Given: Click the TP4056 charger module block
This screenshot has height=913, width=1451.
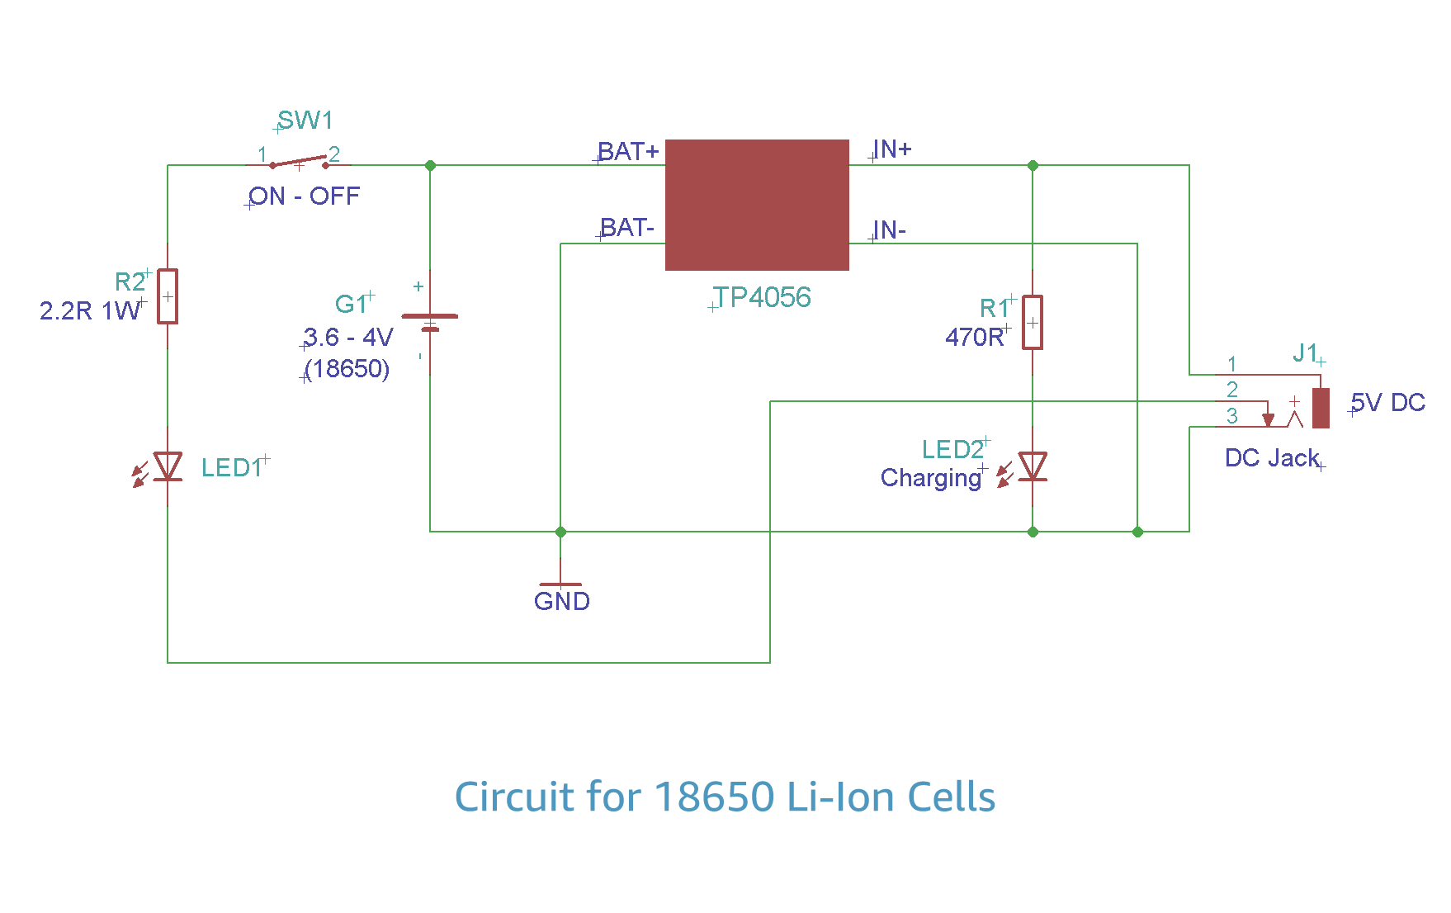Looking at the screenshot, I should coord(757,205).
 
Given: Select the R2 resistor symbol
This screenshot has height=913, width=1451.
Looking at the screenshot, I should coord(168,296).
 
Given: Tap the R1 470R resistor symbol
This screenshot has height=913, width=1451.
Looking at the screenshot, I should coord(1033,323).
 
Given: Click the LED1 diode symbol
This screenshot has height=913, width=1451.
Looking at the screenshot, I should coord(168,466).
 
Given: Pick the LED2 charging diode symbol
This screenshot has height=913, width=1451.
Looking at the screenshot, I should coord(1033,466).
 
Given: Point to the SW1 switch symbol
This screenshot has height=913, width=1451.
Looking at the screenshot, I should coord(299,162).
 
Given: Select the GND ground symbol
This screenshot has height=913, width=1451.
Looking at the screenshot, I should coord(561,584).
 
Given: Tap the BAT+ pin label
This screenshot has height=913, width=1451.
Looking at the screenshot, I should coord(628,152).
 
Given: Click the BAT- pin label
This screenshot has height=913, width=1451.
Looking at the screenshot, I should coord(627,228).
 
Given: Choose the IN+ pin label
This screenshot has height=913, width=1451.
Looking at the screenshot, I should coord(892,149).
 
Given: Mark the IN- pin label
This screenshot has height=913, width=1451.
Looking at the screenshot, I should coord(890,230).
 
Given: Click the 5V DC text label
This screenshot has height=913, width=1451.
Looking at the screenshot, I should coord(1388,403).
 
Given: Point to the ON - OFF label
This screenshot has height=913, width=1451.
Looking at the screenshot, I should coord(305,196).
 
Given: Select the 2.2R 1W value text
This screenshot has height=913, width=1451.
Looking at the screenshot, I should coord(89,311).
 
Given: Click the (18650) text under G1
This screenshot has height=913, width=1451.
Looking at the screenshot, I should coord(347,369).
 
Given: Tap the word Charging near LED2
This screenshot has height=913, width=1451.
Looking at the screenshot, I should coord(931,478).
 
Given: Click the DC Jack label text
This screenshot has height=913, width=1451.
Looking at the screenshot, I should coord(1272,458).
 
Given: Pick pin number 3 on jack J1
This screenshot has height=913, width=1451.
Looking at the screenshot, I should coord(1232,416).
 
